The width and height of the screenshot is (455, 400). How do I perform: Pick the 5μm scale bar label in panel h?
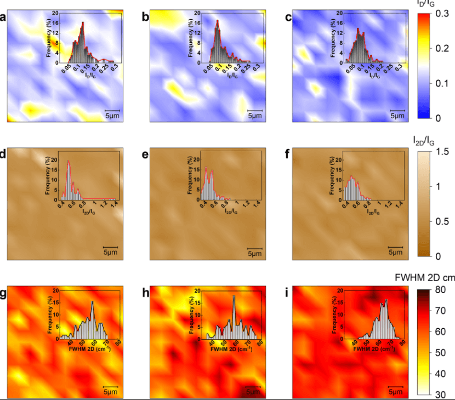tap(253, 392)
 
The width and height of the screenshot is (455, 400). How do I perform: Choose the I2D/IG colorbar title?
tap(423, 141)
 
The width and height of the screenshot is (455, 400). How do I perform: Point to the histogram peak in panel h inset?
tap(234, 296)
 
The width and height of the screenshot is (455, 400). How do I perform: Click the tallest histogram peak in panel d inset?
tap(69, 162)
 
